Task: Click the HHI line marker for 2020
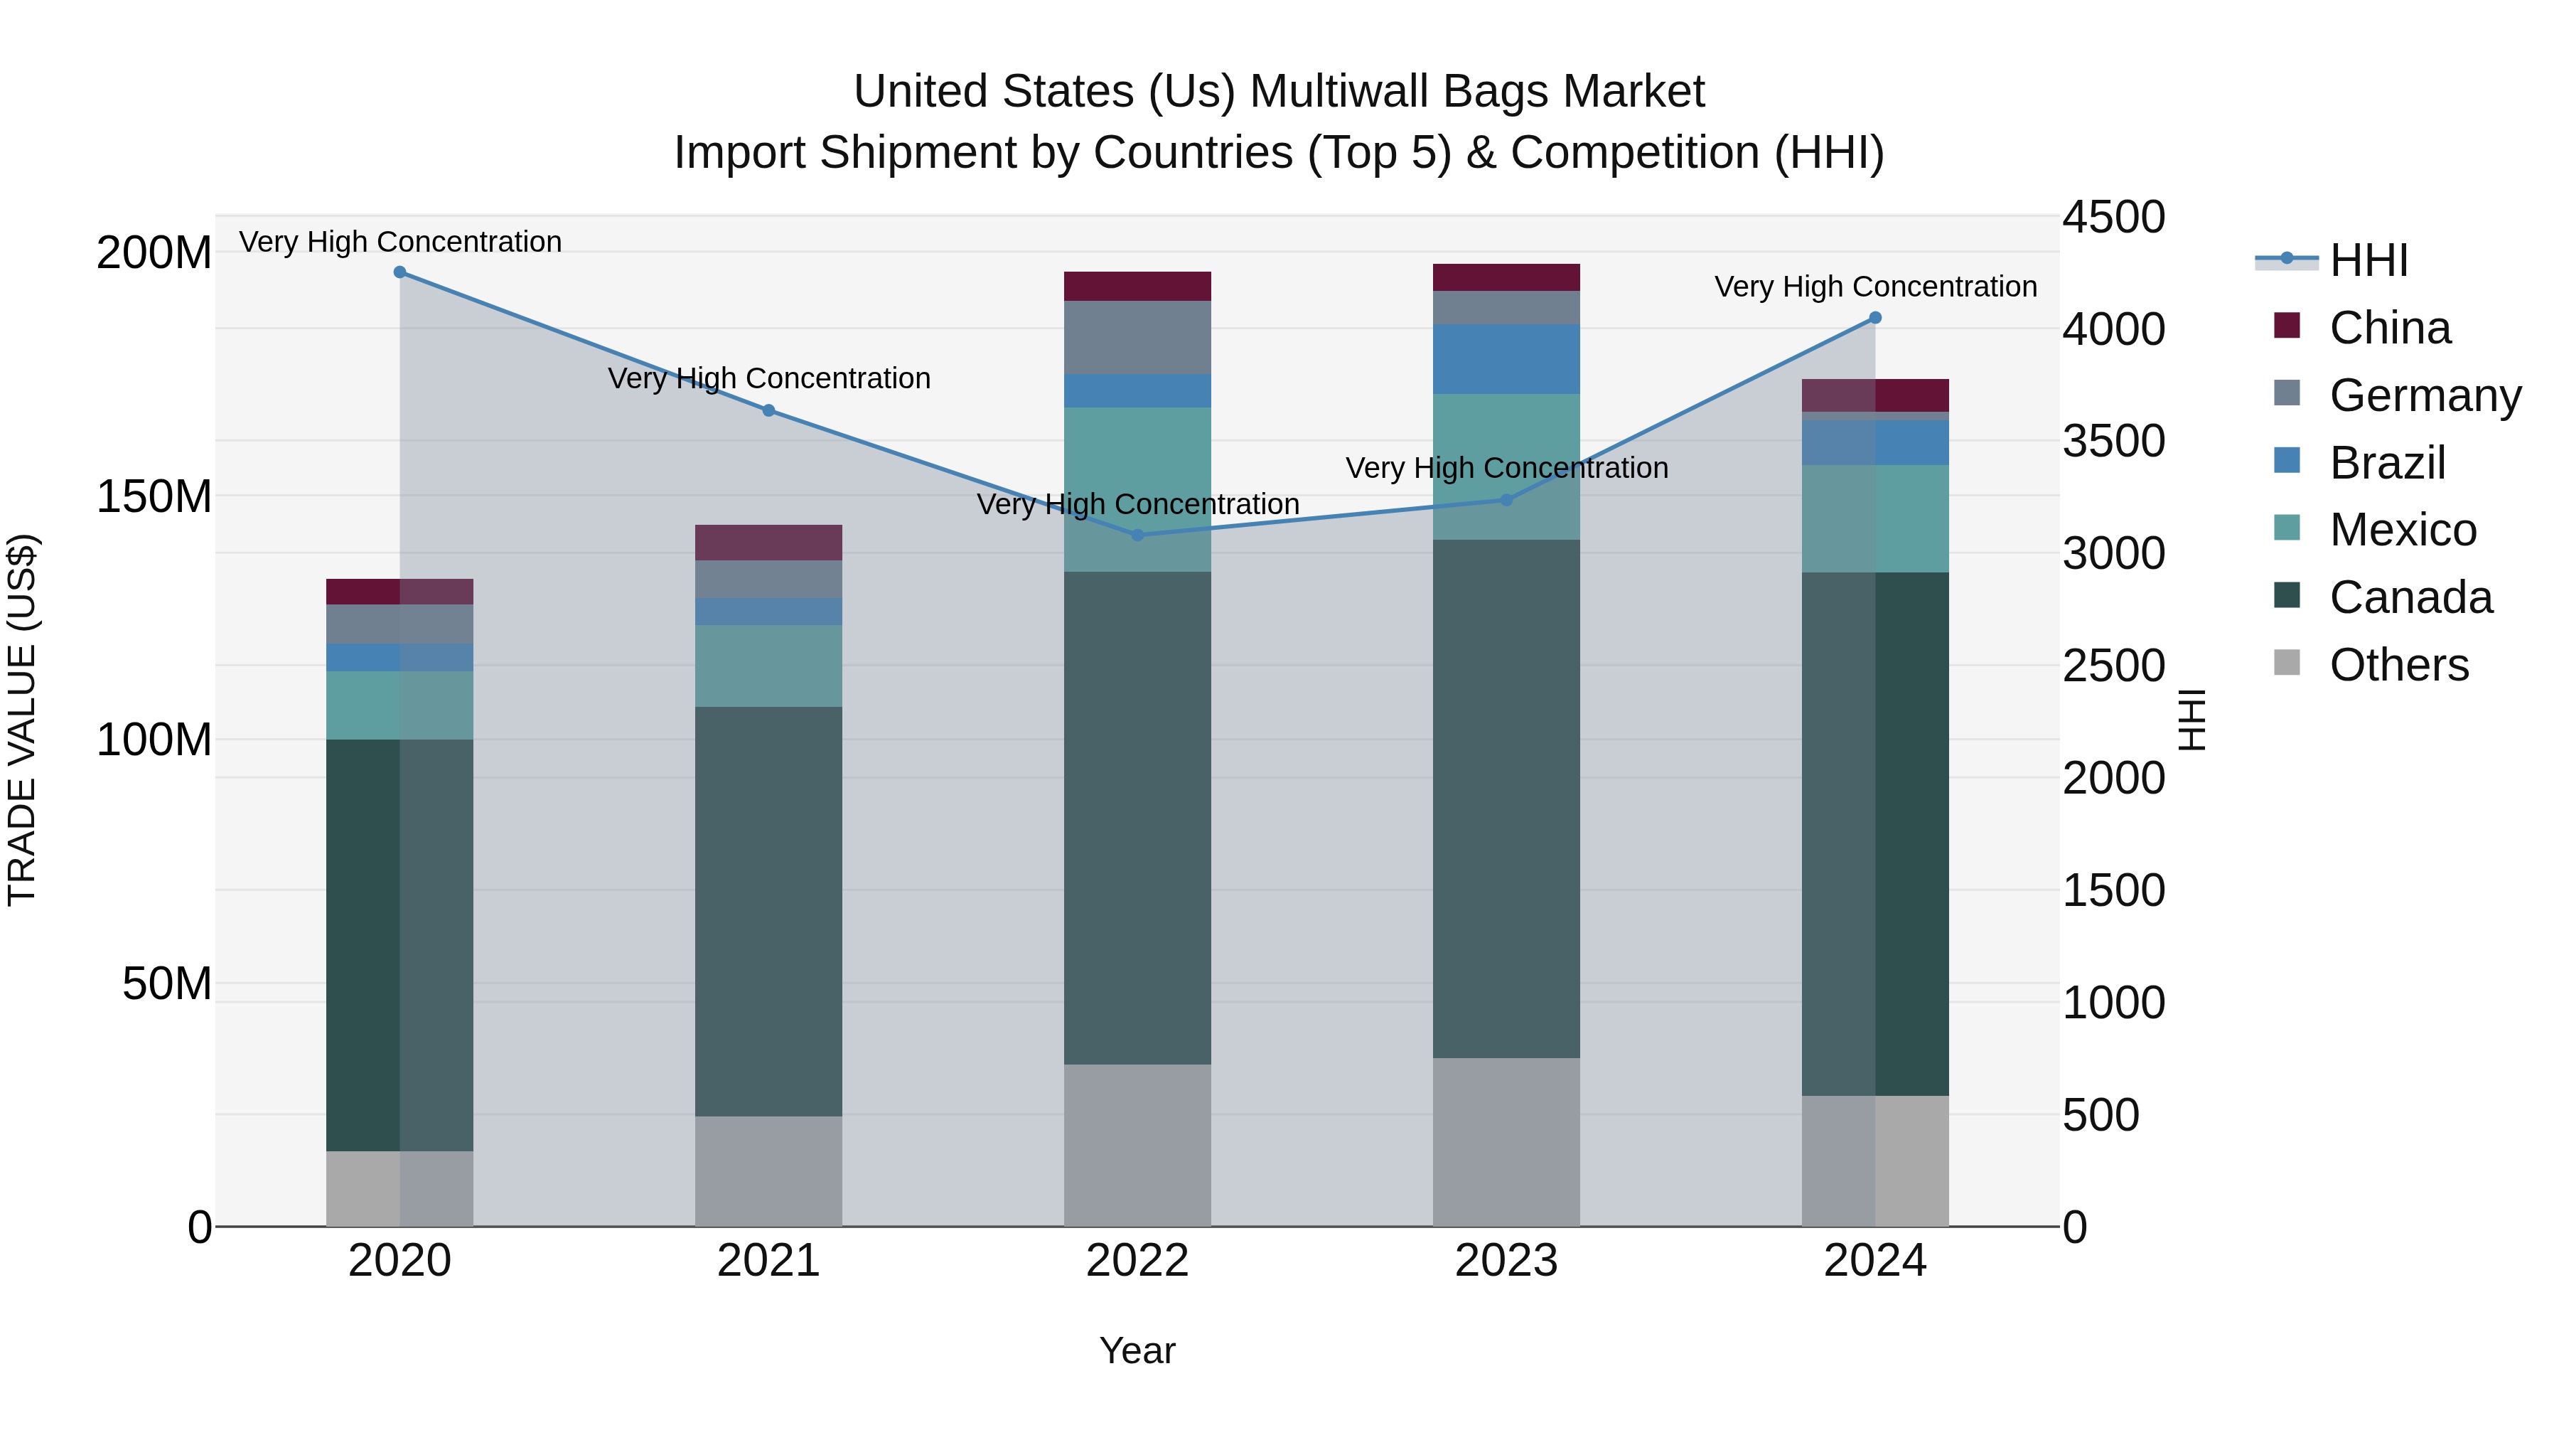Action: pyautogui.click(x=399, y=272)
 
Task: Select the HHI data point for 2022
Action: pyautogui.click(x=1137, y=535)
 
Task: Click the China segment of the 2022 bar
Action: pyautogui.click(x=1137, y=286)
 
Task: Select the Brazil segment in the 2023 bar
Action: pyautogui.click(x=1506, y=359)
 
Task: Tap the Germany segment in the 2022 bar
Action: pyautogui.click(x=1137, y=337)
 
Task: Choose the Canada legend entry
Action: pyautogui.click(x=2411, y=597)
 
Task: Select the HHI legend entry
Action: pyautogui.click(x=2368, y=260)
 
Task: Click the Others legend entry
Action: pyautogui.click(x=2398, y=665)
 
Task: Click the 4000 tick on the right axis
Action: pyautogui.click(x=2114, y=329)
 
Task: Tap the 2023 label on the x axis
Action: pyautogui.click(x=1506, y=1261)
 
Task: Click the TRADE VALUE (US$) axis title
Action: pyautogui.click(x=22, y=720)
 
